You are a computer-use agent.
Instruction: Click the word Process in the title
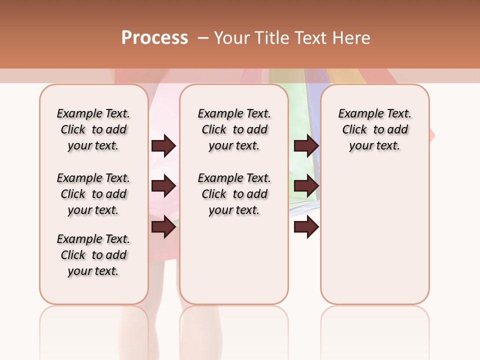coord(154,37)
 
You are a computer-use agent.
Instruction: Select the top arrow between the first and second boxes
coord(163,146)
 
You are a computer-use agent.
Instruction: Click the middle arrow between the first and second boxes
coord(163,186)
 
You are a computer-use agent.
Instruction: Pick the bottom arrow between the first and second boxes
coord(163,227)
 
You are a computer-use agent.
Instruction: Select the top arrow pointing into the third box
coord(306,146)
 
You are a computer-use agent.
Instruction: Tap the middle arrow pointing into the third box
coord(306,186)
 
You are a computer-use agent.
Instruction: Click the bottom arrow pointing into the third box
coord(306,227)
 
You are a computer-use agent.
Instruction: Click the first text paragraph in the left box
coord(93,129)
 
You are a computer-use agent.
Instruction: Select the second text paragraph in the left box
coord(93,194)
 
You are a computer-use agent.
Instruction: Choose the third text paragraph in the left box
coord(93,255)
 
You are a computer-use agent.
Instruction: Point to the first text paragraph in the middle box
coord(234,129)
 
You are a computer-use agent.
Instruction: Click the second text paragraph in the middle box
coord(234,194)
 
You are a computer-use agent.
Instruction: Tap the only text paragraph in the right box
coord(374,129)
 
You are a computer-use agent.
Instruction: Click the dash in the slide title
coord(203,38)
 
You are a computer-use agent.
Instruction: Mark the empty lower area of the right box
coord(374,235)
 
